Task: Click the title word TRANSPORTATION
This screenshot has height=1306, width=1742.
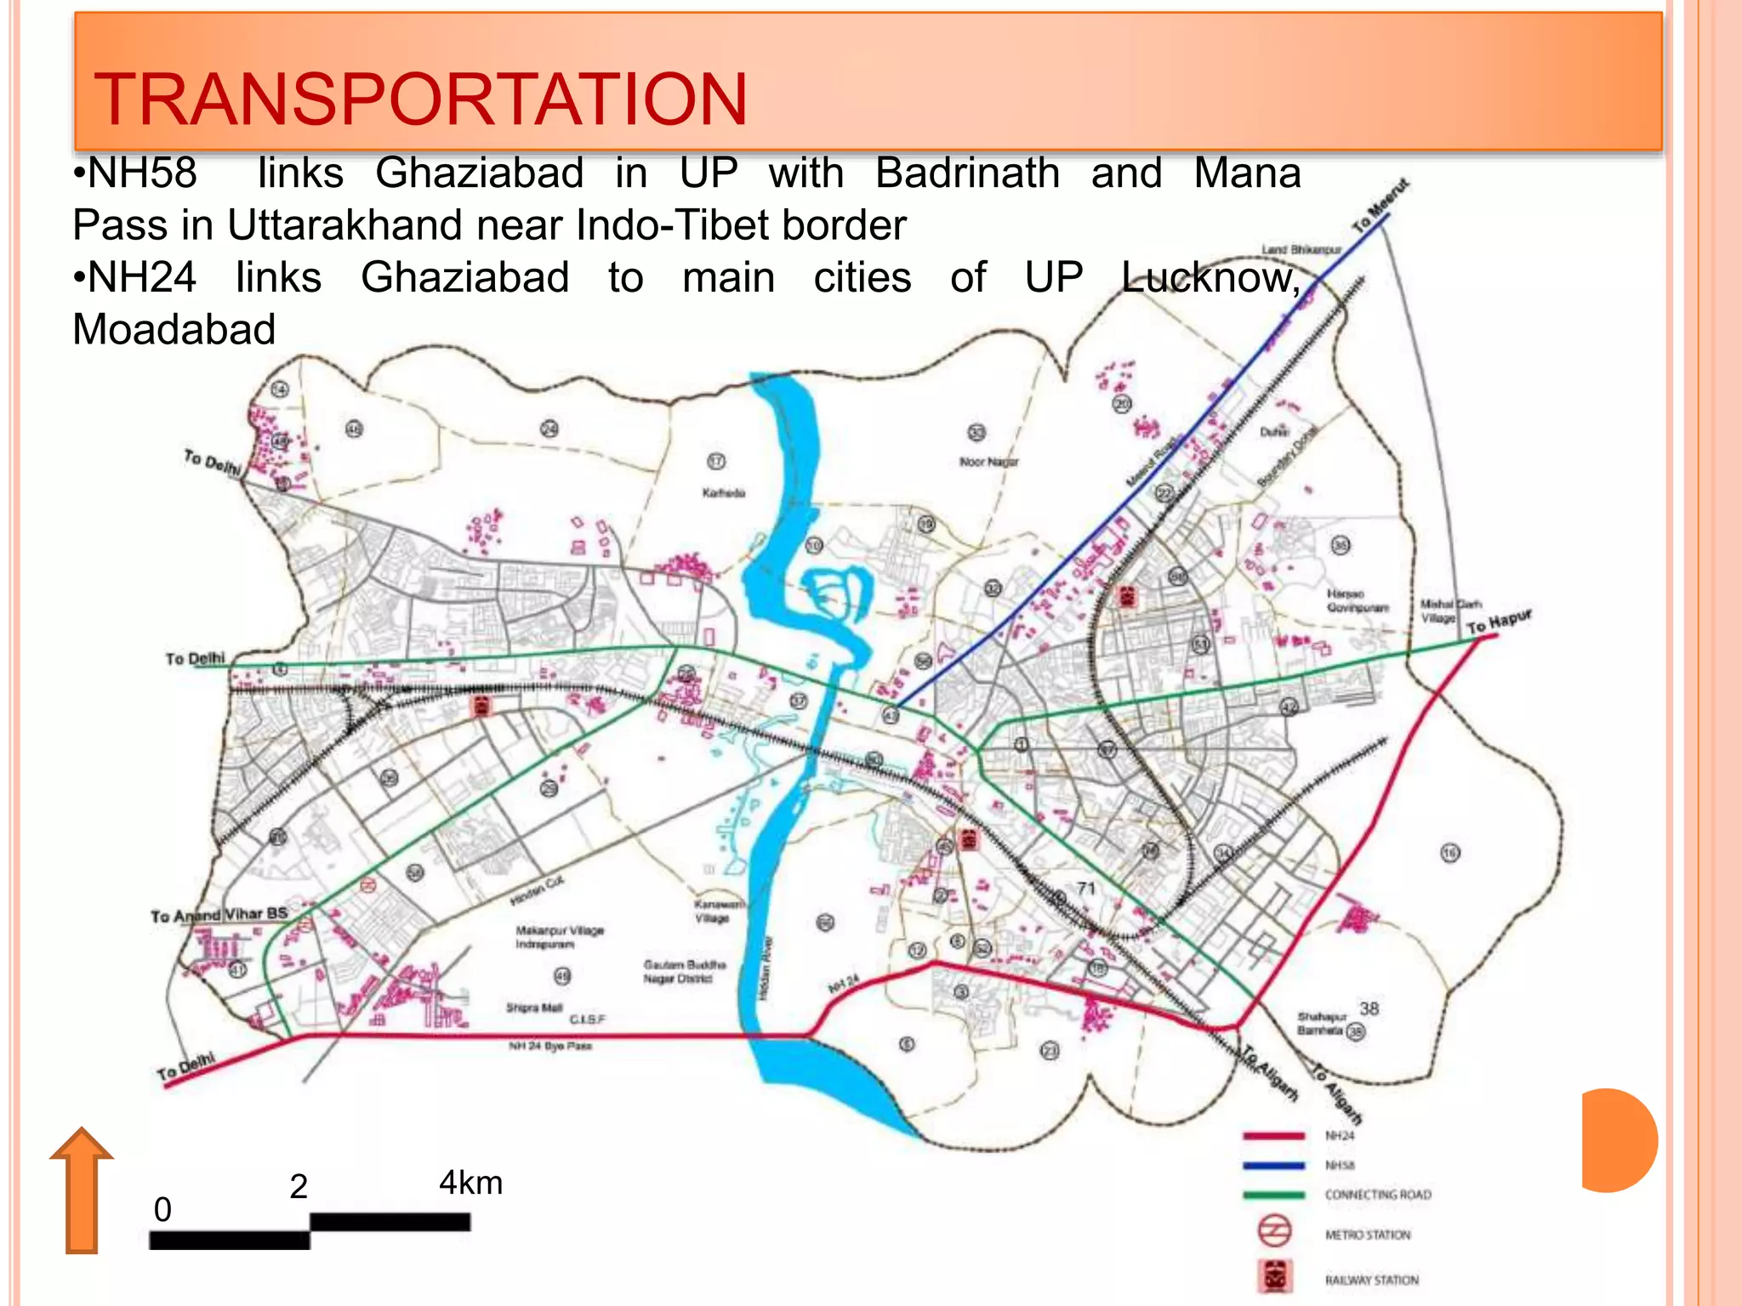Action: point(420,99)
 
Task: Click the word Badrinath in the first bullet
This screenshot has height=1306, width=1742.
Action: point(967,173)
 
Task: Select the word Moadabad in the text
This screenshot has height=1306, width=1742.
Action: point(174,330)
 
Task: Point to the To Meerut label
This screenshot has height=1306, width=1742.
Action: point(1381,205)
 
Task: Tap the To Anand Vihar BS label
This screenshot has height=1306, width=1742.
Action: point(219,915)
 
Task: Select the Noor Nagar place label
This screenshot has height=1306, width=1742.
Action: point(988,462)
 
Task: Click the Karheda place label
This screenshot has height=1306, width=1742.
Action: point(724,493)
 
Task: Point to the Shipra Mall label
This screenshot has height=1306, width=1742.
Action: point(534,1008)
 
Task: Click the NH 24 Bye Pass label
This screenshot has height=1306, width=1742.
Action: point(550,1046)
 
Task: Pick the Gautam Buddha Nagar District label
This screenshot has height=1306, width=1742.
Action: point(684,971)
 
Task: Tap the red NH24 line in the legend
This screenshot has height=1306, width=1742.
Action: point(1273,1136)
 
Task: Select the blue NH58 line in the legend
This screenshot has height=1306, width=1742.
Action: point(1273,1166)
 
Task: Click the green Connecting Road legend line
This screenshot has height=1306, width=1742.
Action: point(1273,1195)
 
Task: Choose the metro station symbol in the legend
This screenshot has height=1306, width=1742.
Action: point(1274,1230)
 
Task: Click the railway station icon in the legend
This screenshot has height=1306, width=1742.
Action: point(1274,1276)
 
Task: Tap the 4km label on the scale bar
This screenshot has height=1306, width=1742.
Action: point(470,1183)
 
